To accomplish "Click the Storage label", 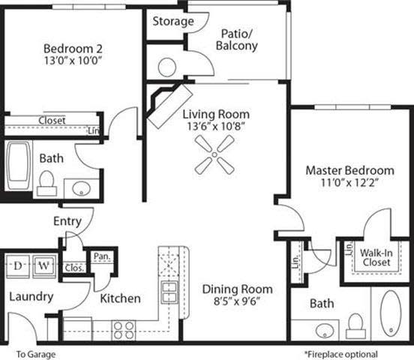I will click(173, 21).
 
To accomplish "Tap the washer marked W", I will click(43, 265).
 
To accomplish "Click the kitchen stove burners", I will click(124, 326).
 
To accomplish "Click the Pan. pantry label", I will click(101, 256).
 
